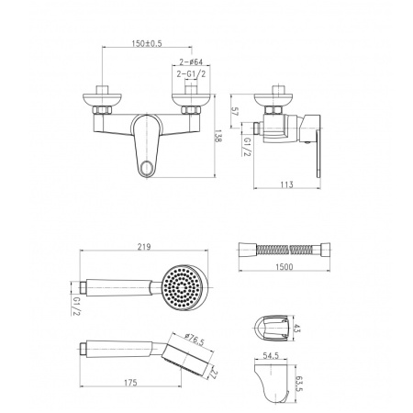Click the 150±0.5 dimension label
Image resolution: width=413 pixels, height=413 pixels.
point(147,43)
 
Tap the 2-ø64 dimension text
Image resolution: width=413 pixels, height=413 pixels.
point(191,61)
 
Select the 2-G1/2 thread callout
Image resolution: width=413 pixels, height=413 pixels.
point(191,74)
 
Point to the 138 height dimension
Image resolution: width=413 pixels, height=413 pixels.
point(218,136)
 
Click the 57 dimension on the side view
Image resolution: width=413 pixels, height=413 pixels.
point(235,111)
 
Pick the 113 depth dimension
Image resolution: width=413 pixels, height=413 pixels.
point(286,184)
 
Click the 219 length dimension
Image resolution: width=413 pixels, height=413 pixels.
point(144,247)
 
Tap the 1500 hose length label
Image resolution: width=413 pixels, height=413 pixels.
point(284,267)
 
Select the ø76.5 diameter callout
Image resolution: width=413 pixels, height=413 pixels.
point(194,340)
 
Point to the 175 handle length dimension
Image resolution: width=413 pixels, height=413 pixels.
point(130,383)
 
